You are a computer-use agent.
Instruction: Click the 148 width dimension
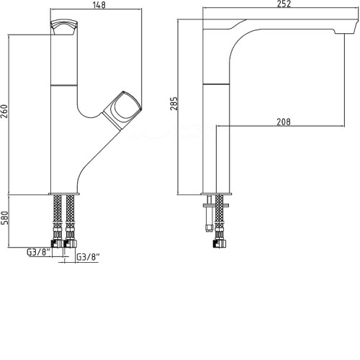coord(99,5)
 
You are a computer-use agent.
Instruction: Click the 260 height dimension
coord(4,111)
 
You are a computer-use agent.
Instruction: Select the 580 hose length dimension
coord(4,217)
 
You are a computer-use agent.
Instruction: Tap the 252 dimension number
coord(284,4)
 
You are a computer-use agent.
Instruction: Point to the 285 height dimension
coord(174,104)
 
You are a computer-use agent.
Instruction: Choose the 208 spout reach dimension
coord(284,122)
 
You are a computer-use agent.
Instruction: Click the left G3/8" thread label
coord(38,252)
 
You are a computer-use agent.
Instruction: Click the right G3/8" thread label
coord(88,257)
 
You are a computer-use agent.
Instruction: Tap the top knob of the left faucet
coord(64,27)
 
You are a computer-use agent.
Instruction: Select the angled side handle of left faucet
coord(122,111)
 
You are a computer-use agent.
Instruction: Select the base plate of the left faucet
coord(64,194)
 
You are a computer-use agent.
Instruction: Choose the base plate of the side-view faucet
coord(217,194)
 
